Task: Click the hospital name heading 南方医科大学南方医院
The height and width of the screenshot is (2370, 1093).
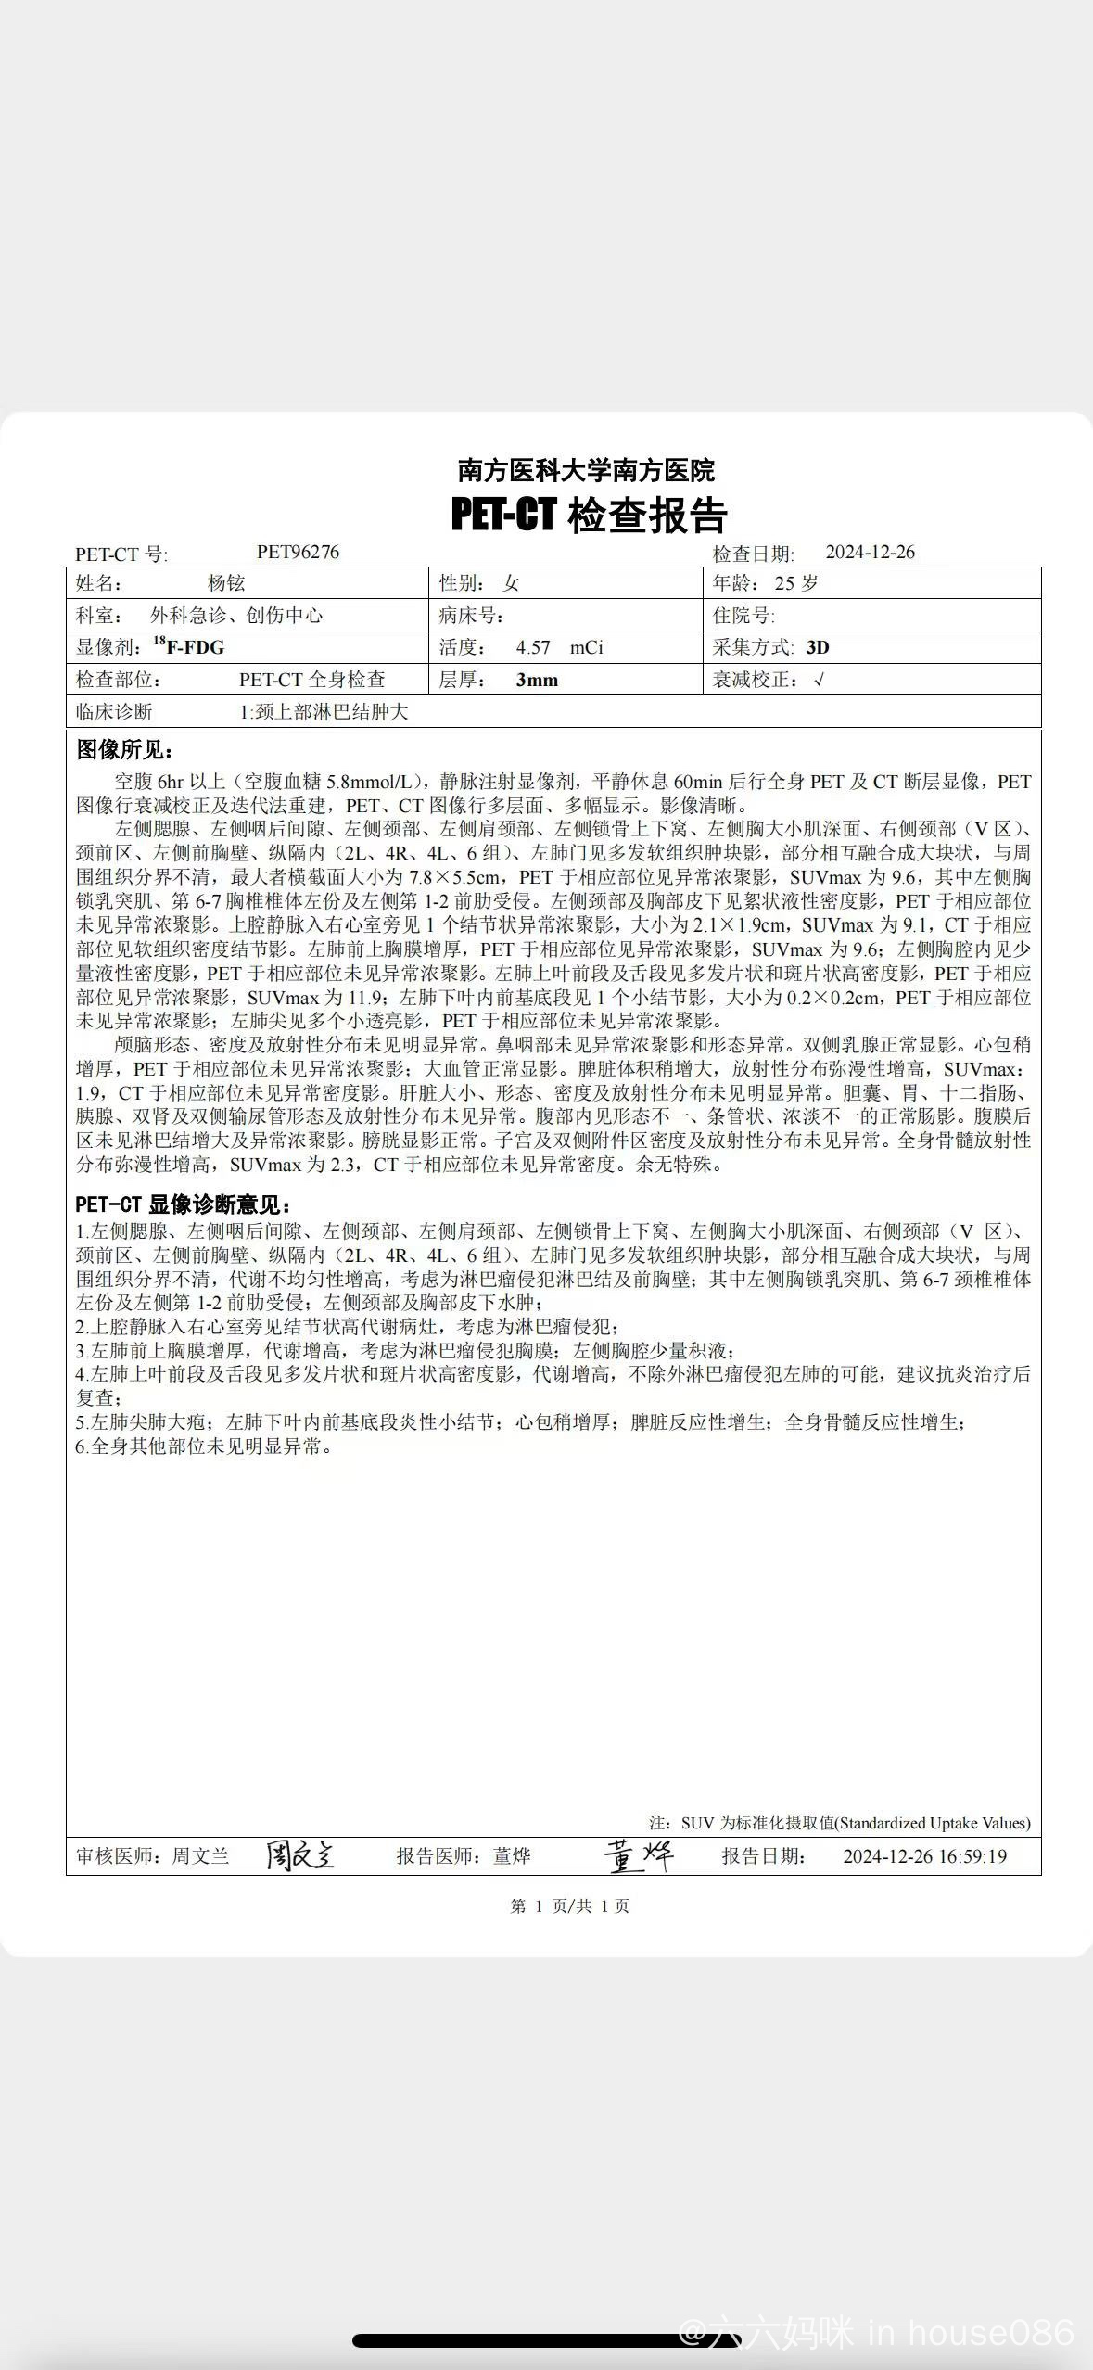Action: tap(586, 470)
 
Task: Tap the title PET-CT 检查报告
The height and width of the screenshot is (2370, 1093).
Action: tap(589, 515)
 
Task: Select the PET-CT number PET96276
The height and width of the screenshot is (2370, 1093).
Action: tap(298, 553)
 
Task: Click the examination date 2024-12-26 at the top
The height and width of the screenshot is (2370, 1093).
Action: tap(870, 553)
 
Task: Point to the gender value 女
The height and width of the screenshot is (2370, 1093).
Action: tap(511, 583)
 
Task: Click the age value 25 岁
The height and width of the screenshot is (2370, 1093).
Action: tap(796, 583)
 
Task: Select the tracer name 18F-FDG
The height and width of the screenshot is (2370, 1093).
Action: tap(189, 646)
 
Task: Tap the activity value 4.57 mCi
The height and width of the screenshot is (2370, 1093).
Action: tap(559, 647)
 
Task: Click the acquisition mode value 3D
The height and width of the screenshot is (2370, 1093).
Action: tap(818, 647)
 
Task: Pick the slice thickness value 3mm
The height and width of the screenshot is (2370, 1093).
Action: tap(537, 680)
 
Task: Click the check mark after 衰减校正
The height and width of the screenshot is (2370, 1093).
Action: tap(819, 680)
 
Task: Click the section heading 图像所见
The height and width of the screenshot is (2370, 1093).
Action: tap(124, 750)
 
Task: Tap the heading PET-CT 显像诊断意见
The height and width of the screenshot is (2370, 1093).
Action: tap(184, 1204)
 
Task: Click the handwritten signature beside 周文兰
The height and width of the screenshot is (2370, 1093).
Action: tap(299, 1855)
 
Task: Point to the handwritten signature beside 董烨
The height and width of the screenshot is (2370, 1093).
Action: tap(638, 1855)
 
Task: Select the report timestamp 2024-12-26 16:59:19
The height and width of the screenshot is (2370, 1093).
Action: tap(924, 1856)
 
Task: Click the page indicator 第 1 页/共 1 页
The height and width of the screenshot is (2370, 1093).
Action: tap(569, 1906)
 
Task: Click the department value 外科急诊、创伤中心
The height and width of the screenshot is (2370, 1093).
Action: tap(236, 616)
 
